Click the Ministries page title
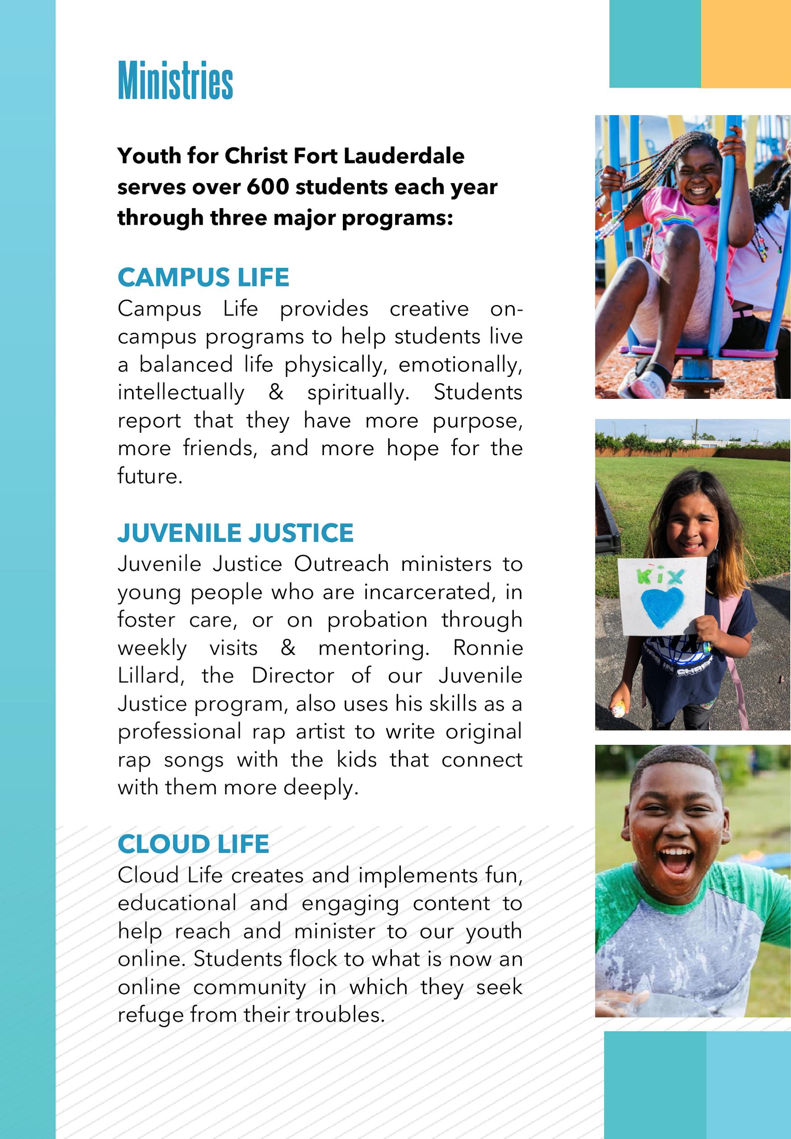[175, 80]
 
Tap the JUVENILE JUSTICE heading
[235, 532]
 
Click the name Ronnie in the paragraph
[488, 648]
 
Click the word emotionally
[460, 364]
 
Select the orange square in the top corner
[745, 44]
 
